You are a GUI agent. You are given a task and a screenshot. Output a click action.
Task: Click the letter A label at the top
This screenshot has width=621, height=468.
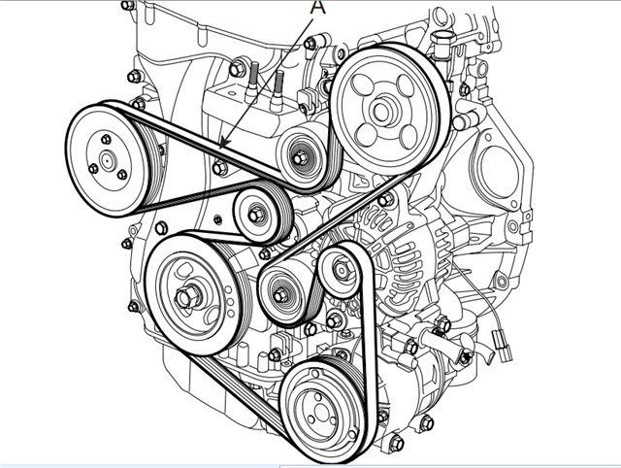[x=316, y=7]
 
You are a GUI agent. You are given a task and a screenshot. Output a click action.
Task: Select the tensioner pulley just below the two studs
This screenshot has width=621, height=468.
[x=301, y=155]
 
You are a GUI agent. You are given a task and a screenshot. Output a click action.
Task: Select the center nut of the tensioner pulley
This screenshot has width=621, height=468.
[x=301, y=155]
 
